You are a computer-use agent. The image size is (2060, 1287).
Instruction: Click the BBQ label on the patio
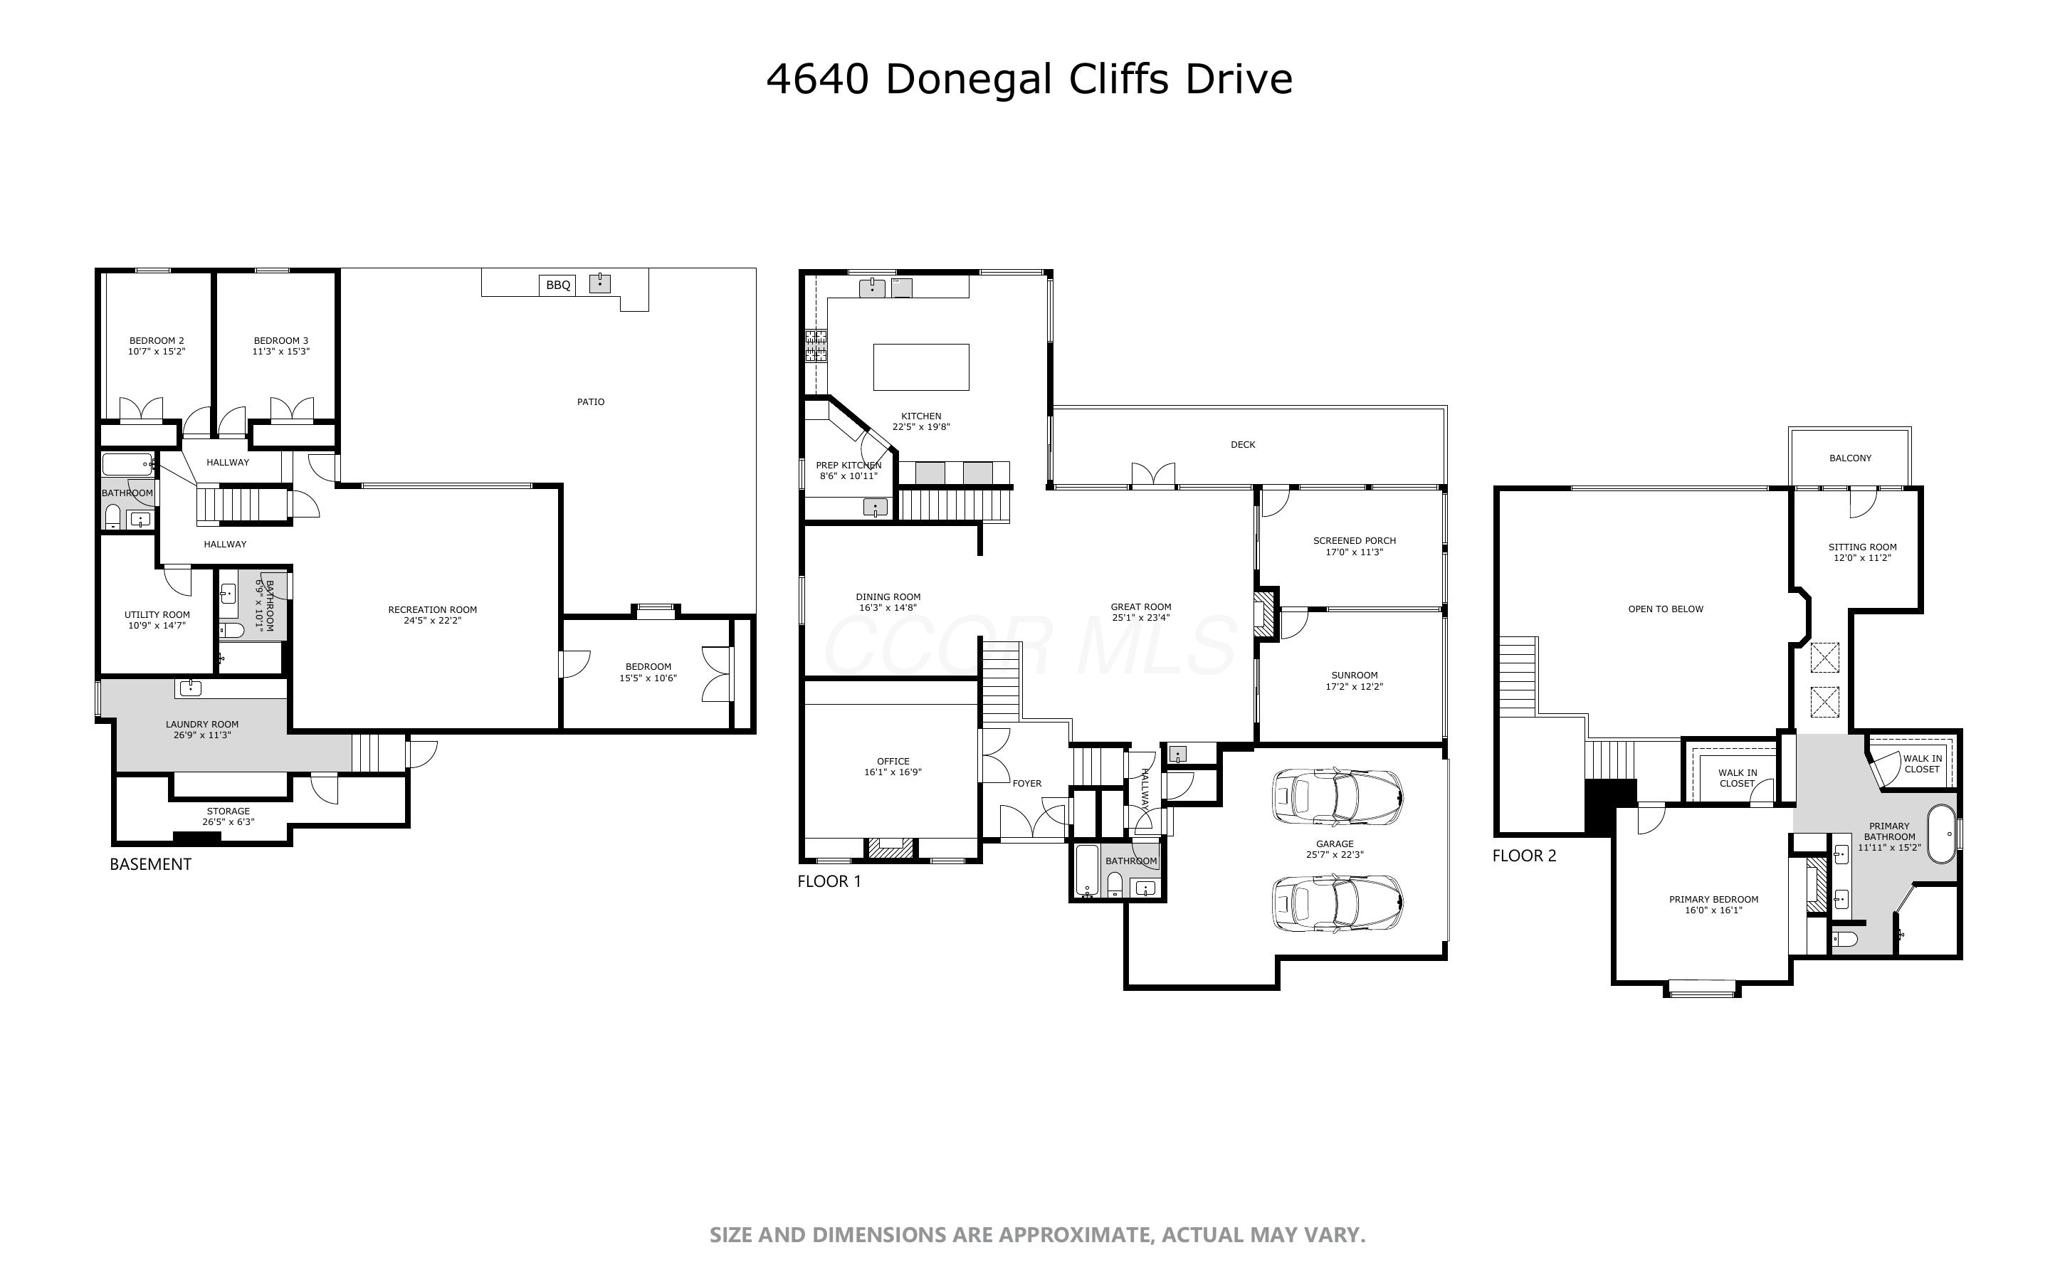[x=558, y=285]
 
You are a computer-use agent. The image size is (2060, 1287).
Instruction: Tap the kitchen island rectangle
[x=920, y=367]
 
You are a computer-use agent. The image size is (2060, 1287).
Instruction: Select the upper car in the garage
[x=1337, y=797]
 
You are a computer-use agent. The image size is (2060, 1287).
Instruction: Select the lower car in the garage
[x=1337, y=903]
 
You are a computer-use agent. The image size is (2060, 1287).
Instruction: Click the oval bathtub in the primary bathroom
[x=1941, y=834]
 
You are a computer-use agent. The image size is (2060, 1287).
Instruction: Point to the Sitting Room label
[x=1861, y=547]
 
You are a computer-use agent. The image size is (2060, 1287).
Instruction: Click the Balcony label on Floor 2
[x=1850, y=458]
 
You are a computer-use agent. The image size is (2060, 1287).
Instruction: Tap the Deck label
[x=1242, y=444]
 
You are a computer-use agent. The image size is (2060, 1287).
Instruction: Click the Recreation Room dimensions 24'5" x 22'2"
[x=432, y=621]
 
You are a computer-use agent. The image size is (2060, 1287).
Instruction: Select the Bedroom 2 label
[x=157, y=340]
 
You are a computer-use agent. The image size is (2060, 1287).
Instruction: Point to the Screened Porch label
[x=1354, y=540]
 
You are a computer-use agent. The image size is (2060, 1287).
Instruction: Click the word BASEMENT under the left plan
[x=151, y=864]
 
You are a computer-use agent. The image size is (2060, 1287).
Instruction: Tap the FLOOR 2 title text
[x=1524, y=856]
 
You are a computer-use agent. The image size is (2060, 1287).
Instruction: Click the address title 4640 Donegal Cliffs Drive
[x=1029, y=78]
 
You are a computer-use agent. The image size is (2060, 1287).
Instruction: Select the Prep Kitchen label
[x=848, y=466]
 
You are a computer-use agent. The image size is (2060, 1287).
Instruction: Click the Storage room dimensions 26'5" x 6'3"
[x=228, y=822]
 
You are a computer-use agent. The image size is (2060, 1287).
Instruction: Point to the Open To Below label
[x=1665, y=609]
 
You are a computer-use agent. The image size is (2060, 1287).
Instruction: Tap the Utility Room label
[x=157, y=614]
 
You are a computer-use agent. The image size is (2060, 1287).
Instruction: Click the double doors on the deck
[x=1153, y=475]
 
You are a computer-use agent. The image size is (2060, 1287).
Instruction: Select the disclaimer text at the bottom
[x=1037, y=1235]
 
